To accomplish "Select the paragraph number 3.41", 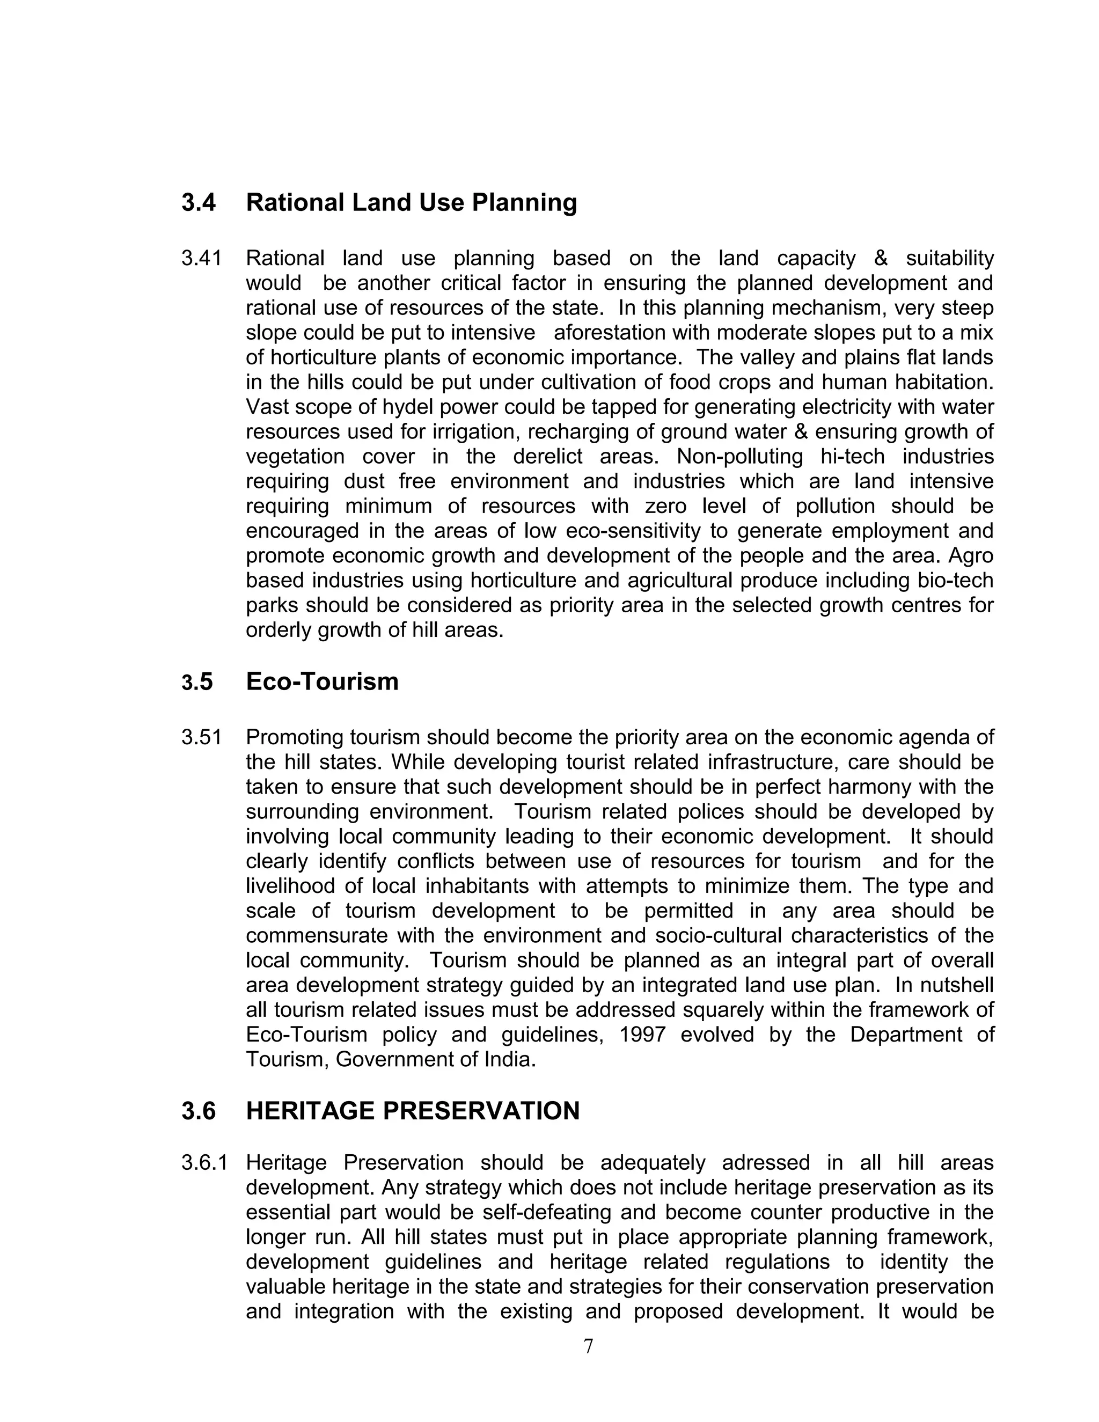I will point(201,259).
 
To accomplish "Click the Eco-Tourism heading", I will point(323,681).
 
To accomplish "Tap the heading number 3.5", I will point(197,683).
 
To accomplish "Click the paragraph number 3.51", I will point(201,738).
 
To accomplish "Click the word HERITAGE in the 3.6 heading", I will point(311,1111).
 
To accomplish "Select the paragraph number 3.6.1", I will point(204,1163).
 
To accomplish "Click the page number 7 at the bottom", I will point(588,1346).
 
